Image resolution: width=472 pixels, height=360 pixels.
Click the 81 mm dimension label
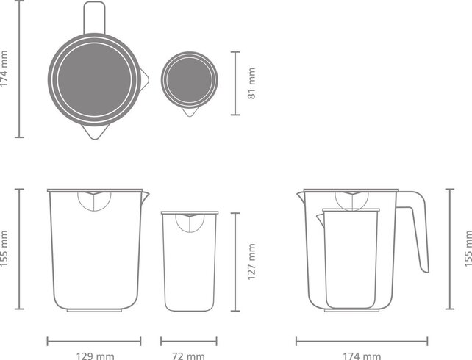pos(251,83)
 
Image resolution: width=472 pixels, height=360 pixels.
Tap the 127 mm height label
pos(251,261)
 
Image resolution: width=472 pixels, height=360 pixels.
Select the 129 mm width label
pos(96,356)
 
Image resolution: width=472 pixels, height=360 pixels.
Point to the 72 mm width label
pos(188,356)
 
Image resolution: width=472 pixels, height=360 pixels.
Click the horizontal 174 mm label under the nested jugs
pos(362,356)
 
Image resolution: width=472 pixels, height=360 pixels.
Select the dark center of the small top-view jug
pos(190,78)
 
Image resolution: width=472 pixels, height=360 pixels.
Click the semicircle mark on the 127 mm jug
pos(189,222)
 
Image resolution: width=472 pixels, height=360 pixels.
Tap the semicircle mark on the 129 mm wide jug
pos(94,200)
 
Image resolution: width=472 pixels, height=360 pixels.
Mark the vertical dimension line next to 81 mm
pos(235,83)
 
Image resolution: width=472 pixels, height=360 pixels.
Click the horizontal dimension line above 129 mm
pos(94,341)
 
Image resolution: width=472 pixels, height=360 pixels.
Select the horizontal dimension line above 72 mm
pos(189,341)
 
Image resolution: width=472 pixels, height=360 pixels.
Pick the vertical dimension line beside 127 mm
pos(235,261)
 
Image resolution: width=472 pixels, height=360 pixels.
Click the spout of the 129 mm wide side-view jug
pos(145,195)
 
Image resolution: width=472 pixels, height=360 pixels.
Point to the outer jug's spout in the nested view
pos(301,195)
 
